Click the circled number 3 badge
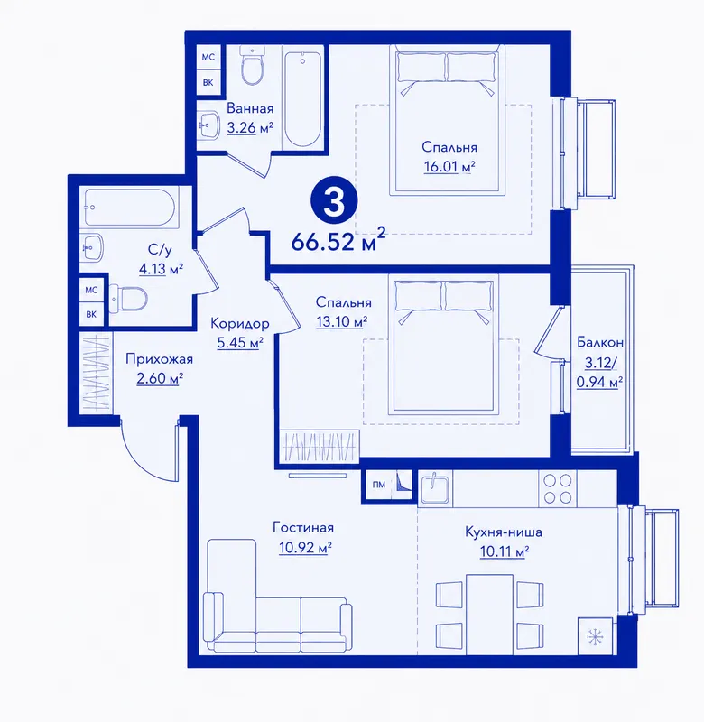[x=334, y=201]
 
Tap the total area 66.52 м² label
[x=338, y=239]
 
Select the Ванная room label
[x=250, y=108]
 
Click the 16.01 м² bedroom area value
[x=449, y=166]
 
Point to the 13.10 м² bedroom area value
[x=342, y=321]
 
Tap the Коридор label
[x=239, y=324]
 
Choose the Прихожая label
[x=160, y=359]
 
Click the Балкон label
[x=600, y=342]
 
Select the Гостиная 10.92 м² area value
[x=305, y=548]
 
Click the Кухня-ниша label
[x=504, y=532]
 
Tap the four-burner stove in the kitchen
[x=558, y=488]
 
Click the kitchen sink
[x=435, y=488]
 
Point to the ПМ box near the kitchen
[x=378, y=485]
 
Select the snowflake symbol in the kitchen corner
[x=595, y=637]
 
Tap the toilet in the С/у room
[x=128, y=299]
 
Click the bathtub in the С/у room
[x=129, y=208]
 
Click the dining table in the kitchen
[x=489, y=615]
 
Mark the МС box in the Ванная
[x=208, y=57]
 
